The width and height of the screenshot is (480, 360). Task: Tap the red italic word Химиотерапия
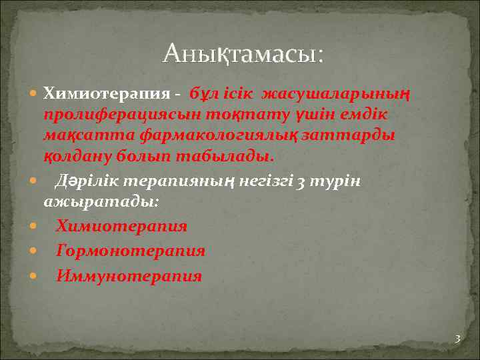click(x=121, y=226)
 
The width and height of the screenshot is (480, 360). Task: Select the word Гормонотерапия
click(x=130, y=251)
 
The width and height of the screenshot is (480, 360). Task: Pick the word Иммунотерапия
click(x=129, y=276)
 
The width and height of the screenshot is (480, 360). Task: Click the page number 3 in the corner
click(x=457, y=339)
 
